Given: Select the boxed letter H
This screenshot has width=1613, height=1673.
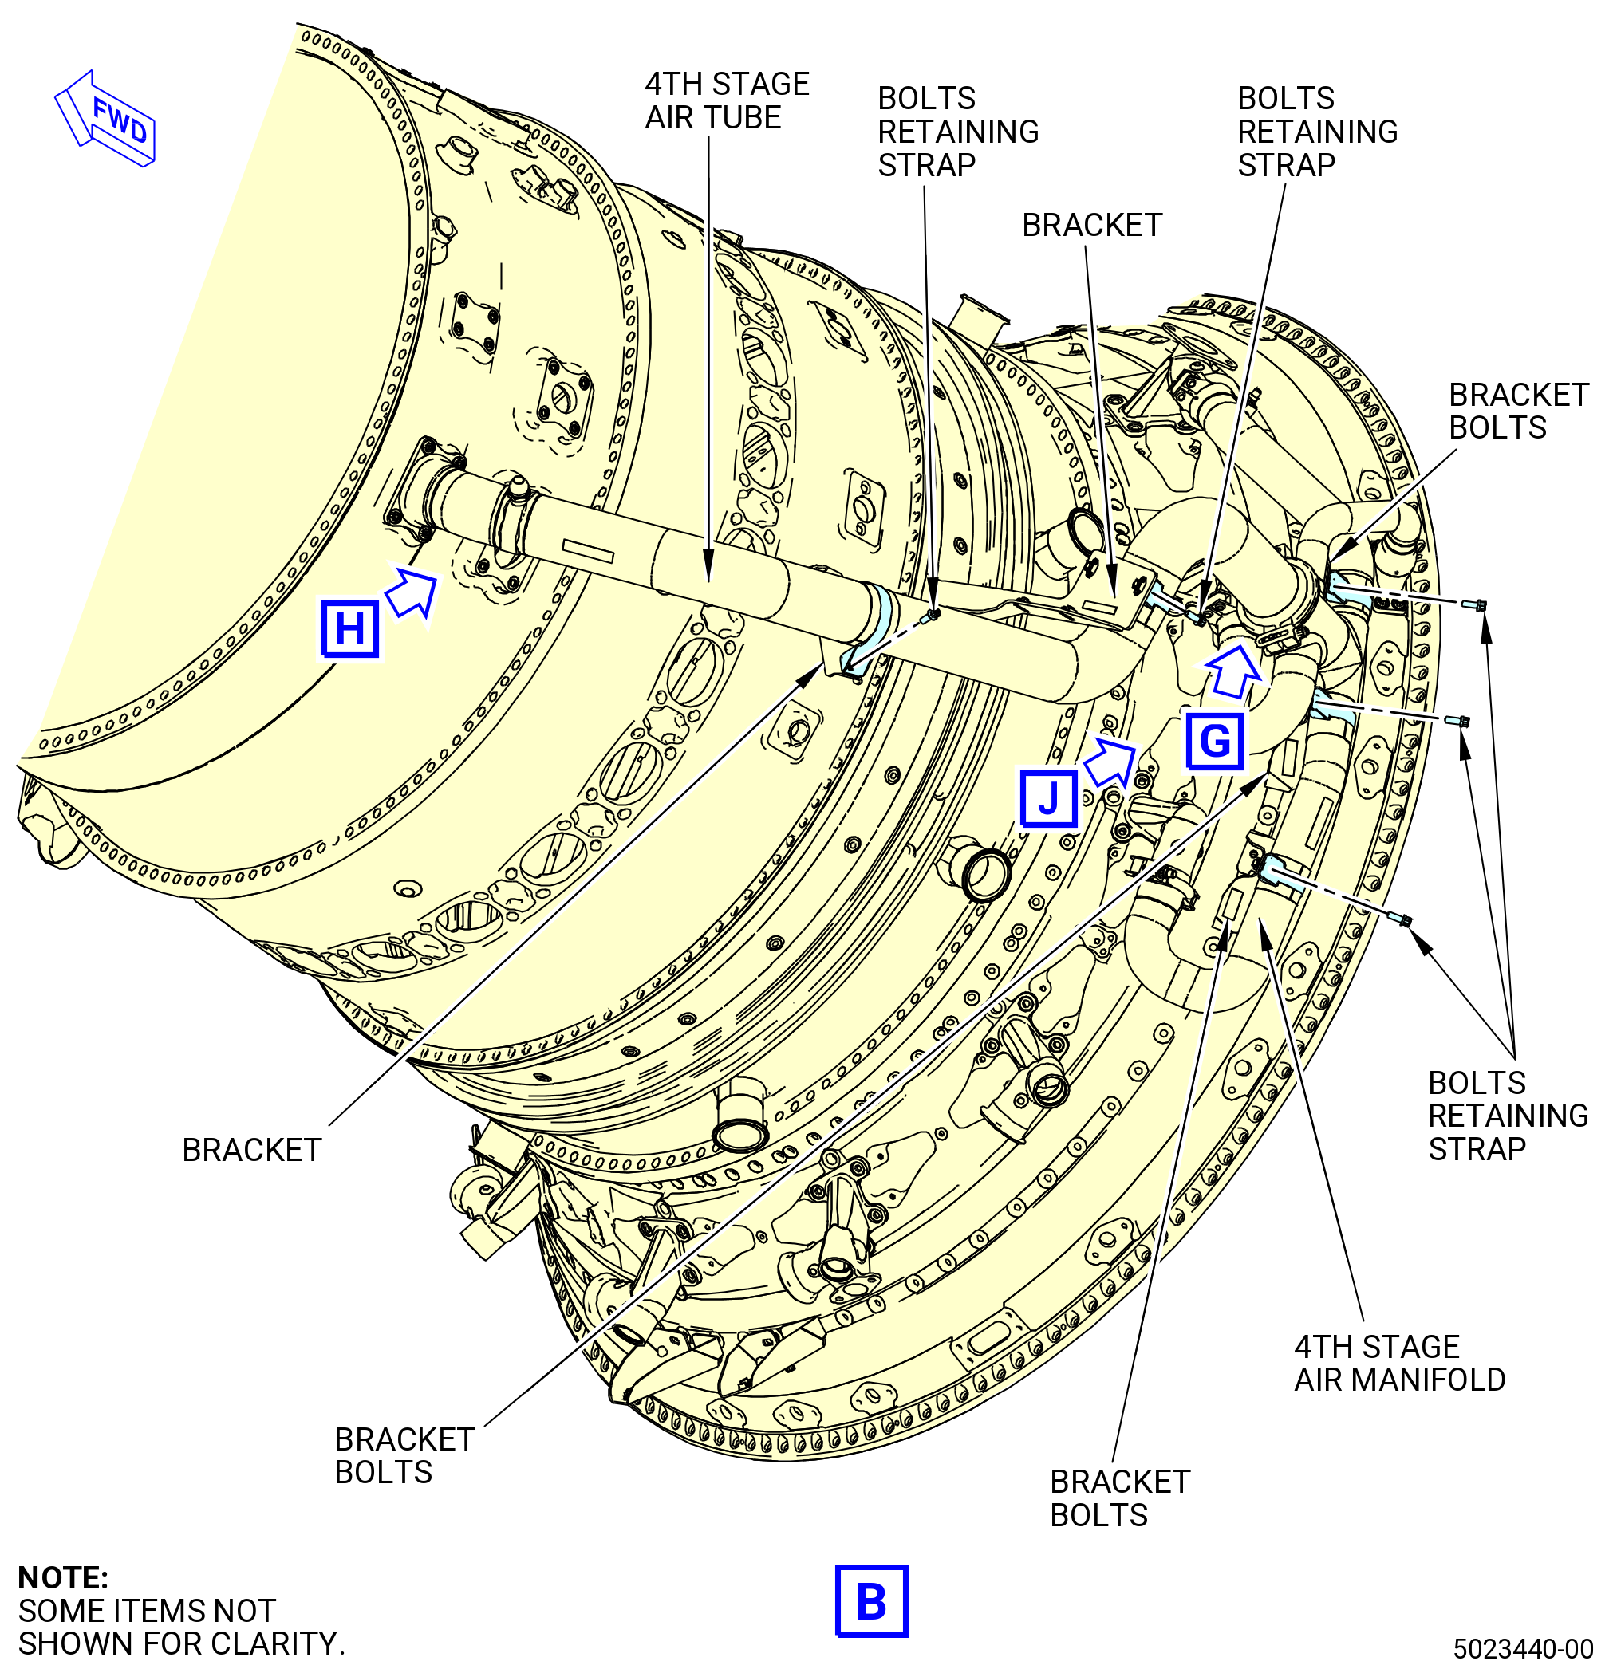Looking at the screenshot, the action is (350, 630).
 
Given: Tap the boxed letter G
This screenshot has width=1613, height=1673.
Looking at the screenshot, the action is (1214, 739).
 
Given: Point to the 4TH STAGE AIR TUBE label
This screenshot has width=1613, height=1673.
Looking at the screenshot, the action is (727, 100).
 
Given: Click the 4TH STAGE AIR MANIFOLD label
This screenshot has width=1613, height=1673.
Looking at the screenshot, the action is (1399, 1363).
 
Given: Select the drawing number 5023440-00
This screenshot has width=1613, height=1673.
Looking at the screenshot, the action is (1524, 1648).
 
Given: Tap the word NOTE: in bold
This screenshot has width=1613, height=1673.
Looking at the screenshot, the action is (63, 1577).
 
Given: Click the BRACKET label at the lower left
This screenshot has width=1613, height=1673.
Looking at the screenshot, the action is (252, 1150).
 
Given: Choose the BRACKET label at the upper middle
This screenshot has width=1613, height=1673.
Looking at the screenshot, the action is (1092, 226).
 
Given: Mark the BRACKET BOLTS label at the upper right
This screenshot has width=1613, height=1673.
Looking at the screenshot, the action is (1518, 411).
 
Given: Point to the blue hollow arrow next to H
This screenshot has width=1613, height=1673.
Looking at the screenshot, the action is (412, 591).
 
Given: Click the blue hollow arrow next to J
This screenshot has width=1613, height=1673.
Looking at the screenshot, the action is (1110, 762).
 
